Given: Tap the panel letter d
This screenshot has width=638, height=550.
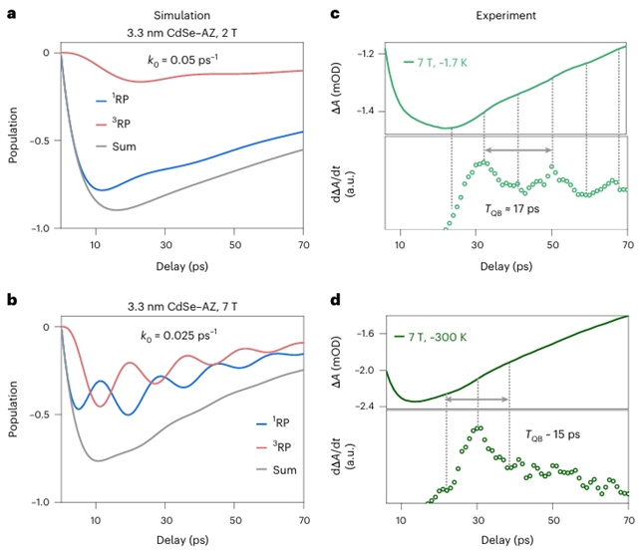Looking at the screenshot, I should click(x=338, y=298).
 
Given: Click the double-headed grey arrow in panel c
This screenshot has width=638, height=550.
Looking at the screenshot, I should click(x=518, y=149).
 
